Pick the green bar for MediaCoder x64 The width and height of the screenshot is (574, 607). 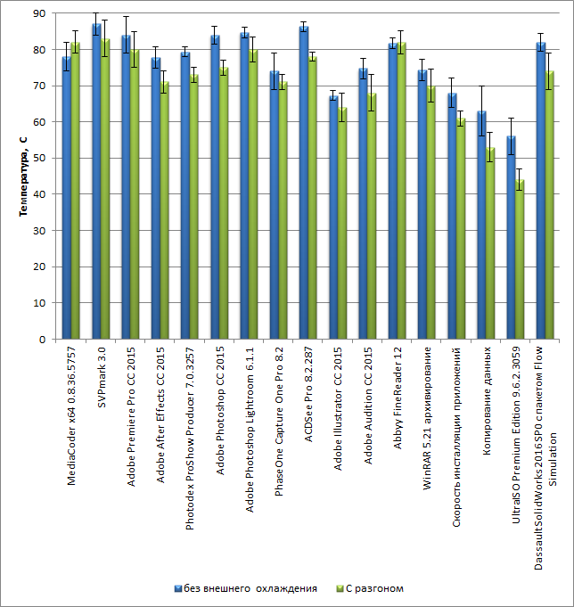coord(76,192)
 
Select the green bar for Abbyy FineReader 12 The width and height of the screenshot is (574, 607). coord(402,192)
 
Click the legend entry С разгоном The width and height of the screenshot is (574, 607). coord(374,588)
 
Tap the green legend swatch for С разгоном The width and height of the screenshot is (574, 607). coord(339,588)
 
